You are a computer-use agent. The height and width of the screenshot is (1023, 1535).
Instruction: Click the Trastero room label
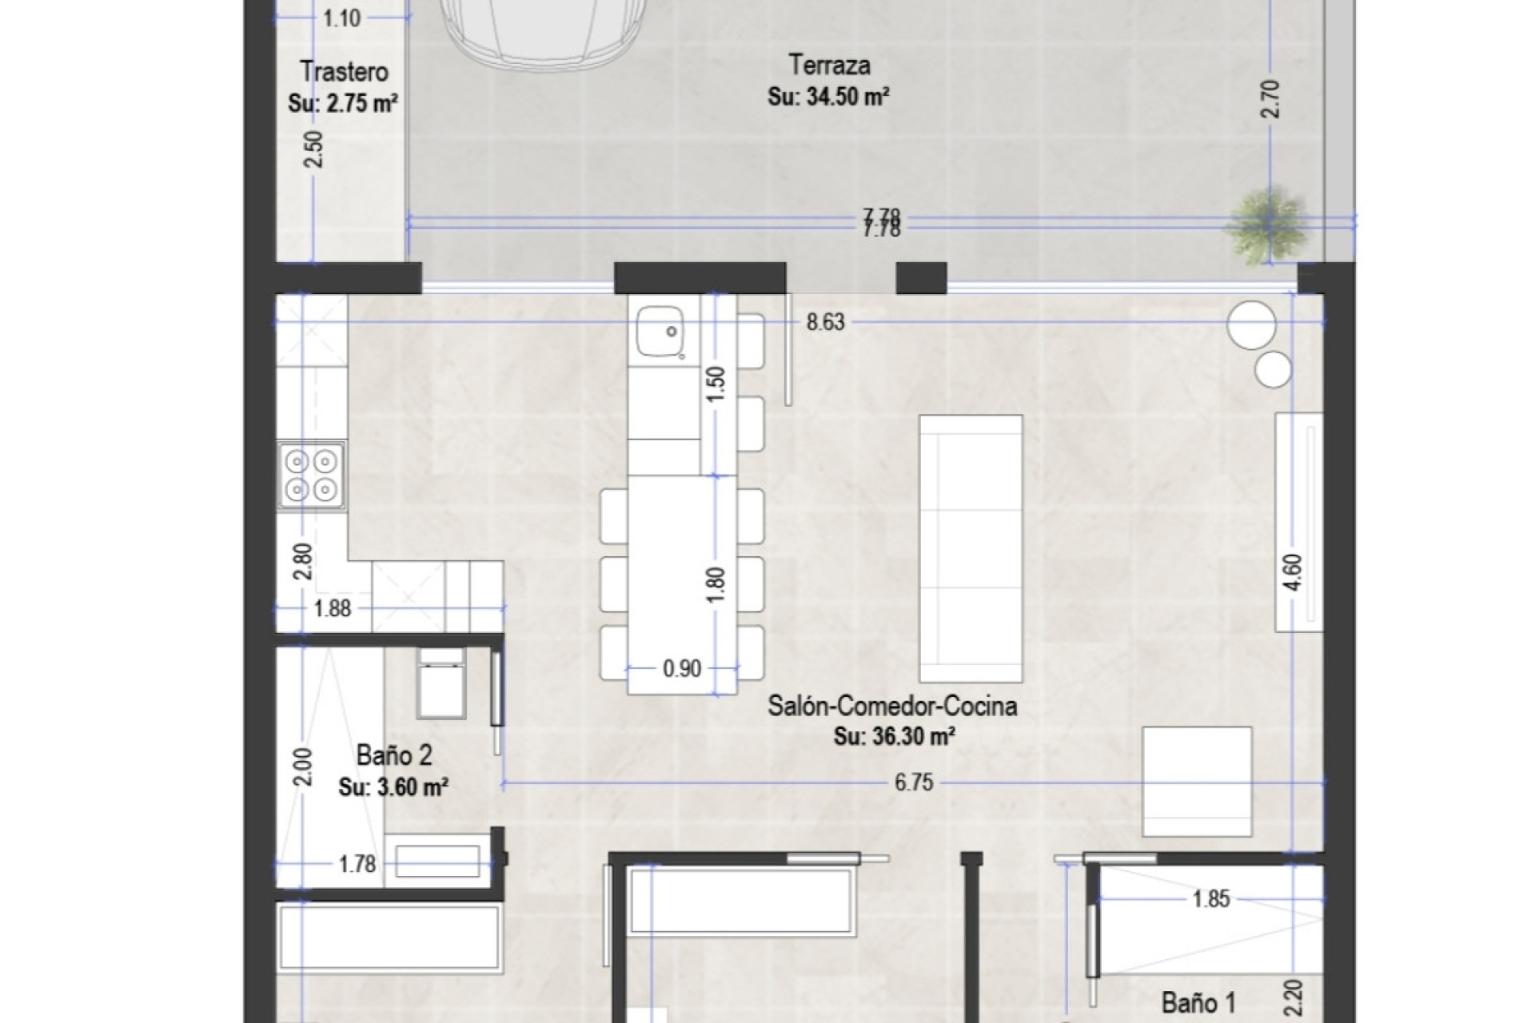(x=344, y=72)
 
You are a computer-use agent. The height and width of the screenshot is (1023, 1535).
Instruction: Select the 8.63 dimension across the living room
(x=825, y=322)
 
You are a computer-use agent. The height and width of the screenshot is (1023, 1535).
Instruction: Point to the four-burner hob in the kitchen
(x=311, y=476)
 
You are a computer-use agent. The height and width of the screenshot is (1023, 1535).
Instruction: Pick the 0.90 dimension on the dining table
(x=682, y=668)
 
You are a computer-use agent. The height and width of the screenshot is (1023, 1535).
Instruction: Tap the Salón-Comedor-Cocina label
(x=892, y=706)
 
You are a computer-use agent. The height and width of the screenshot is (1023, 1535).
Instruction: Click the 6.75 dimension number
(x=913, y=782)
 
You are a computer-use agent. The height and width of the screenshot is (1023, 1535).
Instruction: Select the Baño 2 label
(x=394, y=755)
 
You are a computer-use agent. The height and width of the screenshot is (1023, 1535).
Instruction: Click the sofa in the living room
(x=971, y=549)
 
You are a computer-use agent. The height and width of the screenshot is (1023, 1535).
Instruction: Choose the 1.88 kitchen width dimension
(x=332, y=608)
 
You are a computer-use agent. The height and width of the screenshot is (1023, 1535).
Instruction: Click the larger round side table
(x=1251, y=324)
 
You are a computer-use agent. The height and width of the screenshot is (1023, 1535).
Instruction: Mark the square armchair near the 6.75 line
(x=1196, y=781)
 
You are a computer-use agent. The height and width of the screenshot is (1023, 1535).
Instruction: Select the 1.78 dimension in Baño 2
(x=357, y=864)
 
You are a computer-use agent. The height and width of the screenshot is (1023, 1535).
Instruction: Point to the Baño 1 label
(x=1198, y=1003)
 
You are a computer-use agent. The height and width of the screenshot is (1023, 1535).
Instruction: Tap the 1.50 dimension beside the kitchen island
(x=716, y=384)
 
